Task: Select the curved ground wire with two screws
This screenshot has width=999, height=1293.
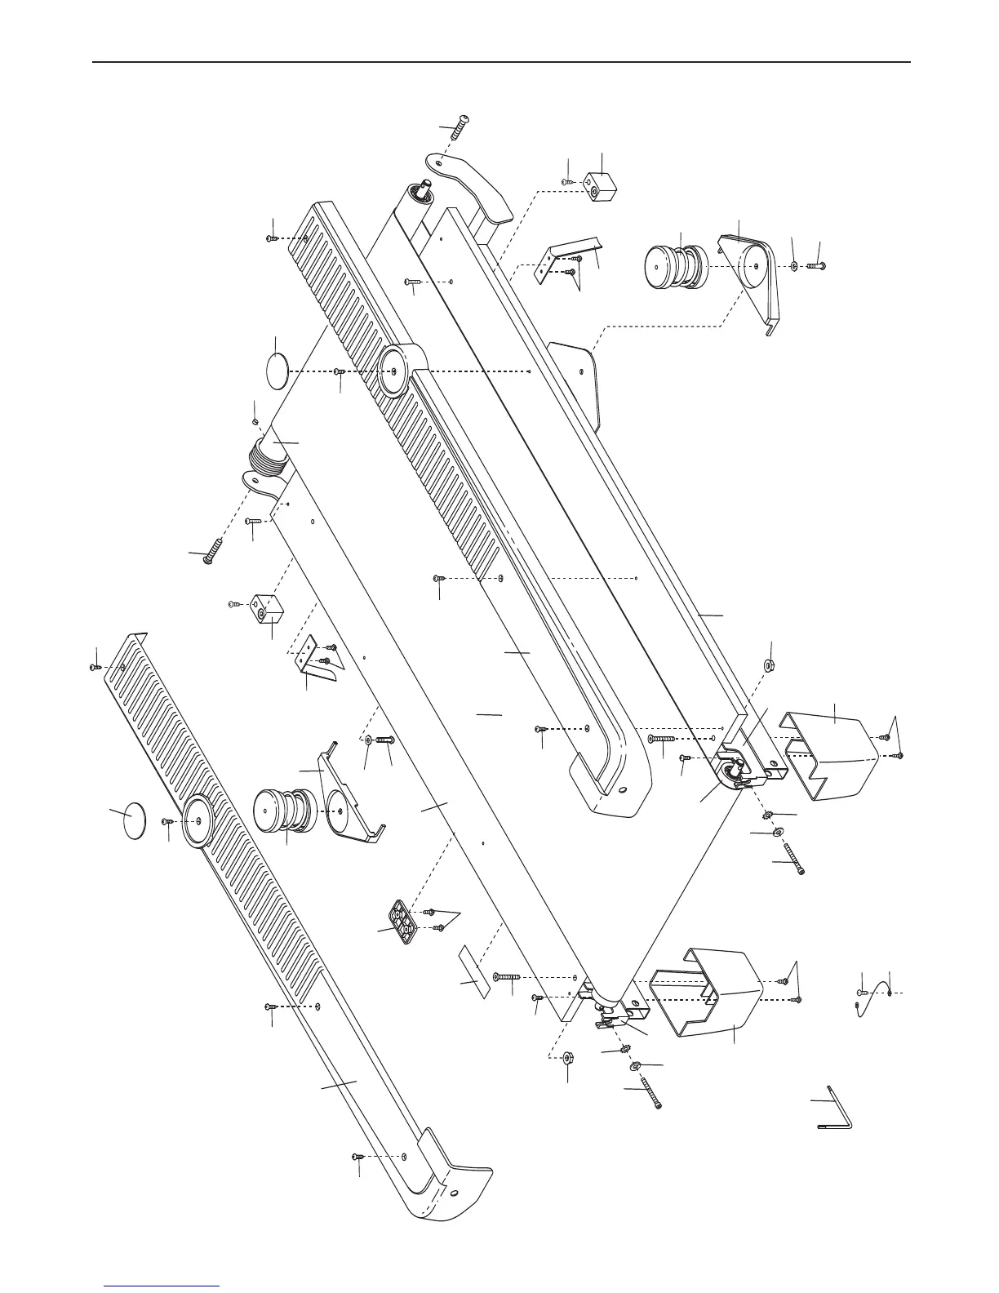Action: click(x=873, y=994)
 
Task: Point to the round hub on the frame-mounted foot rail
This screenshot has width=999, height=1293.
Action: click(x=396, y=371)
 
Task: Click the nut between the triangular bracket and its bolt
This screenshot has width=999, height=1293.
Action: click(x=794, y=265)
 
